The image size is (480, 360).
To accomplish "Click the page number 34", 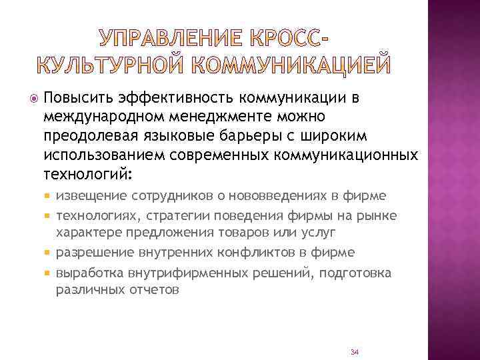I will pos(354,351).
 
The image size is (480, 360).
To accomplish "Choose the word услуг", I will pos(317,233).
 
